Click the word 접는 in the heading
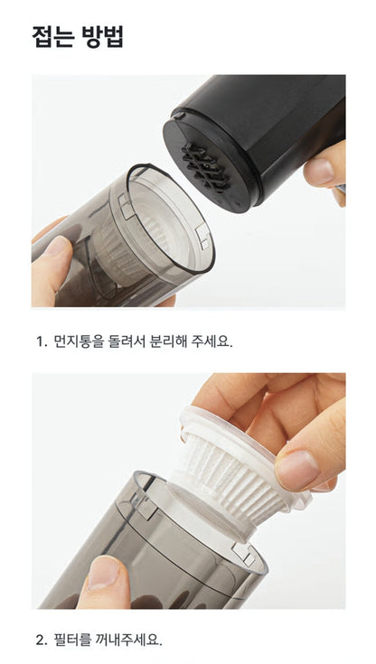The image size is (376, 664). (53, 37)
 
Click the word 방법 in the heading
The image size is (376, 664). (103, 37)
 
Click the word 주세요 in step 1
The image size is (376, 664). (211, 341)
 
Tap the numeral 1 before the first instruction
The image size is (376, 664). (40, 341)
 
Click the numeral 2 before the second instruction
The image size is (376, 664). (41, 641)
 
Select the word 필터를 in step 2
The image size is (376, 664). (73, 640)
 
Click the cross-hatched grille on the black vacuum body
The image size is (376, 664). (205, 166)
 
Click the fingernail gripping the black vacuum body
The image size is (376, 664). (318, 170)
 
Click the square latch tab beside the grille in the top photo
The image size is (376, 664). (202, 235)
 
